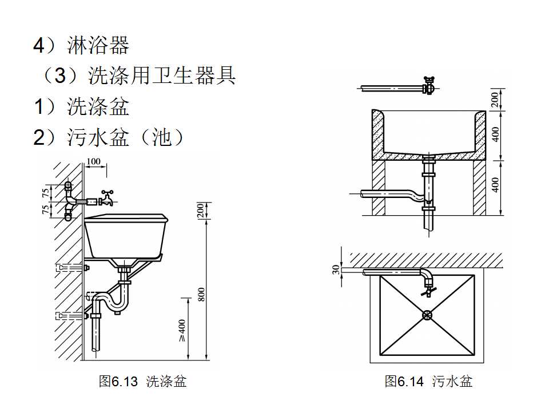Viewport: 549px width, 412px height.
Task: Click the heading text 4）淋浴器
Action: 81,45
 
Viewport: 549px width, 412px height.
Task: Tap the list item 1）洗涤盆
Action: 81,106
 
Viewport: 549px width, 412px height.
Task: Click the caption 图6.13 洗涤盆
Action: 142,381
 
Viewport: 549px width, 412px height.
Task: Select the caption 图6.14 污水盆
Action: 428,381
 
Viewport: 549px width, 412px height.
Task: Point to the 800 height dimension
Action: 201,294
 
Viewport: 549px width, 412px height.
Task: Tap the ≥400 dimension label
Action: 182,330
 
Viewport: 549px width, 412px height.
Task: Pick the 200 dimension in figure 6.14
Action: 495,100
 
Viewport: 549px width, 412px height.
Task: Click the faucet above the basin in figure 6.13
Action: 106,199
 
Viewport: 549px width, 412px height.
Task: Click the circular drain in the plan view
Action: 427,314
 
